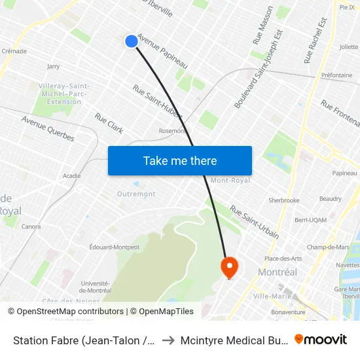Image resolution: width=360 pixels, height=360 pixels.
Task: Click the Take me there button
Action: point(180,160)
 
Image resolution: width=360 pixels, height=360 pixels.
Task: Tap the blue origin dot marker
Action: point(131,41)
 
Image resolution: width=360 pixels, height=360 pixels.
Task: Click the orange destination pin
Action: point(229,267)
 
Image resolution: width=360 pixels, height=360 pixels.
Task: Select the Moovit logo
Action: point(321,339)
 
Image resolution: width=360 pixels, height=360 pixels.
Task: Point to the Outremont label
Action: point(136,194)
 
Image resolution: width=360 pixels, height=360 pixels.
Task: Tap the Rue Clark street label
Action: point(109,123)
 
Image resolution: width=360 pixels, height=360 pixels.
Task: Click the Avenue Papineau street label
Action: point(162,52)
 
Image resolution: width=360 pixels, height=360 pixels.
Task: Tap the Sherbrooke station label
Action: point(284,200)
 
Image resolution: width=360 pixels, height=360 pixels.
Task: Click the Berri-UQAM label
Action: point(310,221)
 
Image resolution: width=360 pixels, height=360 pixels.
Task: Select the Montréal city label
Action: point(278,272)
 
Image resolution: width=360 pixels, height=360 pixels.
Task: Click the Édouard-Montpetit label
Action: point(115,247)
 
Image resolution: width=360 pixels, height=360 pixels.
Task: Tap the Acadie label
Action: point(71,175)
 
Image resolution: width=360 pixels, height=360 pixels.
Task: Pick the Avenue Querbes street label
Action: point(48,128)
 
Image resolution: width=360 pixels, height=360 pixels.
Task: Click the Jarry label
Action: point(54,66)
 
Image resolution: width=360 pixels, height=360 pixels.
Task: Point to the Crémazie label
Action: point(14,50)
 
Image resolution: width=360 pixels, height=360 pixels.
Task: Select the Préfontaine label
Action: point(336,75)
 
